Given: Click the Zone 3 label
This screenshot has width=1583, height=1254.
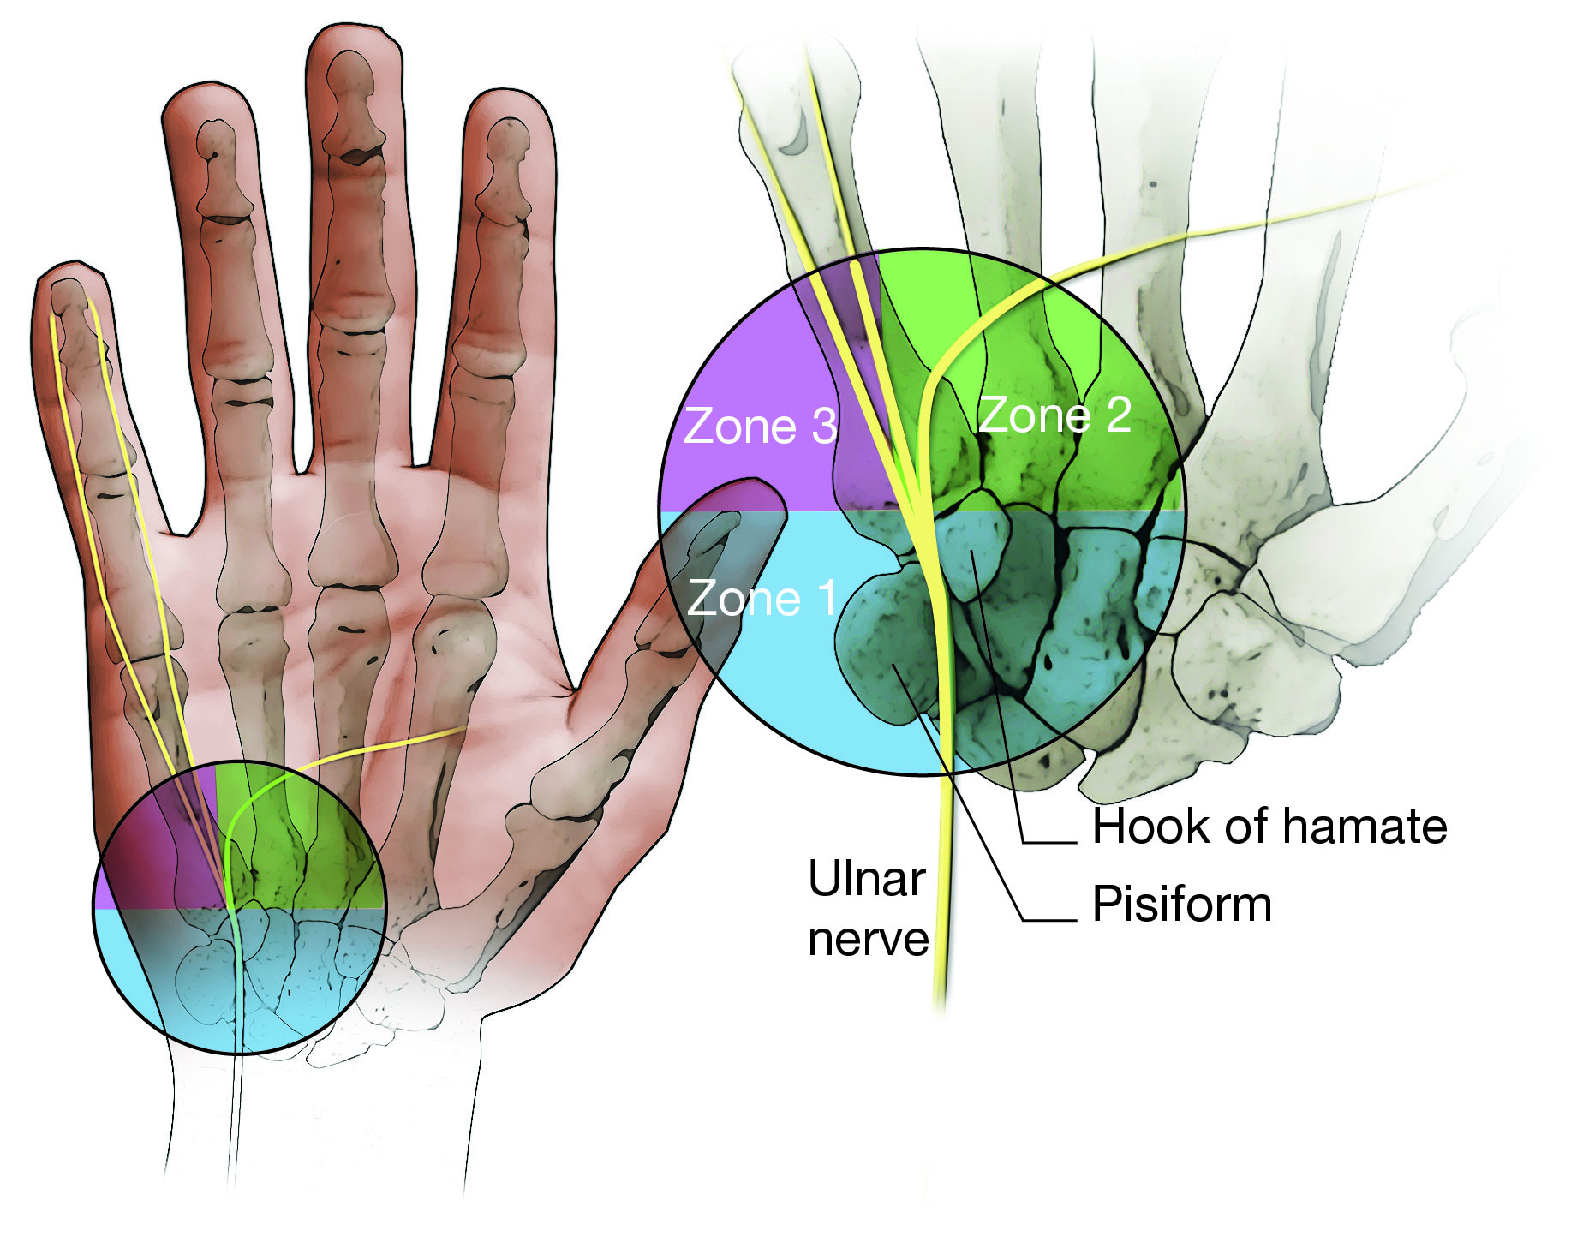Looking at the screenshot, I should [760, 426].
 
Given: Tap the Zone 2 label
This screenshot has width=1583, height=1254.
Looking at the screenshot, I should [1054, 415].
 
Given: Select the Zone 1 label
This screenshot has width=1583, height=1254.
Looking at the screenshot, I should [762, 598].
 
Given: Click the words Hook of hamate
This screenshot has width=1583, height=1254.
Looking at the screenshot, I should [1269, 827].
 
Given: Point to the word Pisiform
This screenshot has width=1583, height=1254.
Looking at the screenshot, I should [1182, 905].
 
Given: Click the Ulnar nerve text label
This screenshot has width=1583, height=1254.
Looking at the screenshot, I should [868, 909].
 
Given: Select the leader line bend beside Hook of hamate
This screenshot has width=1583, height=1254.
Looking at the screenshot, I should [1024, 843].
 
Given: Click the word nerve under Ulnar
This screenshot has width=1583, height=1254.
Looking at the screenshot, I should [868, 940].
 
